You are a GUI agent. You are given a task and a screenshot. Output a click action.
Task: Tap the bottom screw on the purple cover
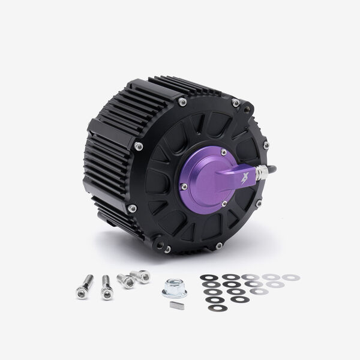[x=224, y=203]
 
